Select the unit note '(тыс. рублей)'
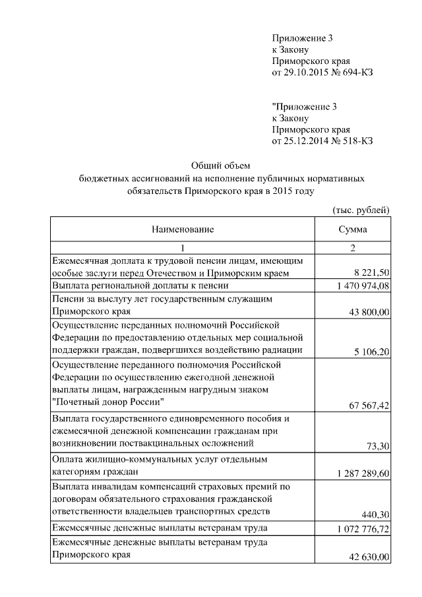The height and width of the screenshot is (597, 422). [361, 210]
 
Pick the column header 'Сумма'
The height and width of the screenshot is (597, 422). [353, 230]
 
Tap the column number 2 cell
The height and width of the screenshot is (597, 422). [353, 248]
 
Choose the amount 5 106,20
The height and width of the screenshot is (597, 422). [372, 351]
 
